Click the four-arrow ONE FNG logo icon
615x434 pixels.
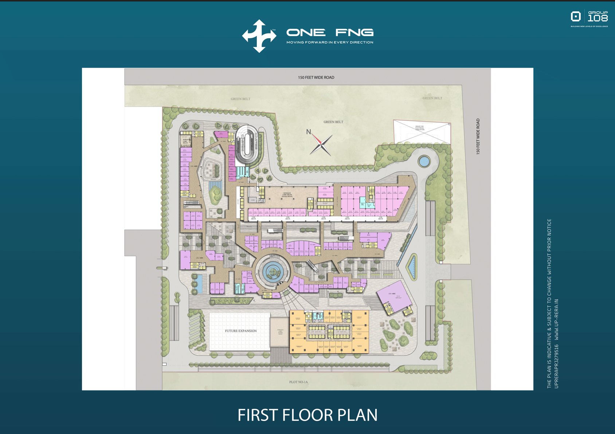tap(259, 36)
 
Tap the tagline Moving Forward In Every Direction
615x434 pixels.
tap(330, 42)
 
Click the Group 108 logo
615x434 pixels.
tap(589, 19)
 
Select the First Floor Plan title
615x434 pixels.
tap(307, 415)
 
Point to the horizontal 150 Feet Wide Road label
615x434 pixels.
tap(316, 78)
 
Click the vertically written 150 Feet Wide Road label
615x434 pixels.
tap(478, 137)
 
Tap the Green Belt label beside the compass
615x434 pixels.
tap(333, 122)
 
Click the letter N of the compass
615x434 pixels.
tap(309, 132)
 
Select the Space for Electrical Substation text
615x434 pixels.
tap(419, 128)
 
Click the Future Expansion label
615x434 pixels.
tap(240, 331)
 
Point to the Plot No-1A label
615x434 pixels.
tap(298, 382)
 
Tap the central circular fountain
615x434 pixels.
tap(272, 272)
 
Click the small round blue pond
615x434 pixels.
tap(424, 161)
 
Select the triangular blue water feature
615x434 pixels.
tap(412, 267)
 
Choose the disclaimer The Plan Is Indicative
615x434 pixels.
tap(549, 304)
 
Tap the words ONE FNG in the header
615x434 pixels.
tap(330, 33)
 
